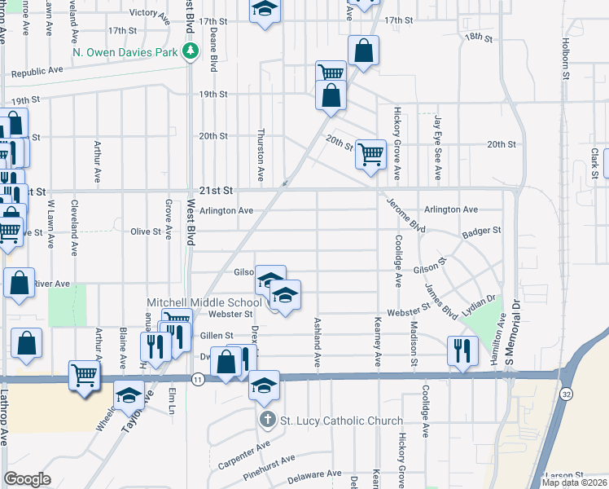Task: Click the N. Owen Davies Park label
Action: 125,52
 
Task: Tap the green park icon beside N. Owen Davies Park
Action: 191,52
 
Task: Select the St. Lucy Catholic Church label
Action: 341,421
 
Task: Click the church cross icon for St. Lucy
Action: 267,421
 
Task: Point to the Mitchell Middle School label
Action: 204,302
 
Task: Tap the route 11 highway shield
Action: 197,379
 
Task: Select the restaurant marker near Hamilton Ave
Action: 462,350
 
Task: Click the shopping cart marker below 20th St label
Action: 370,154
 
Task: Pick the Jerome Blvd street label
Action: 405,214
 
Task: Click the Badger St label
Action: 480,231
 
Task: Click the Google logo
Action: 27,479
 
